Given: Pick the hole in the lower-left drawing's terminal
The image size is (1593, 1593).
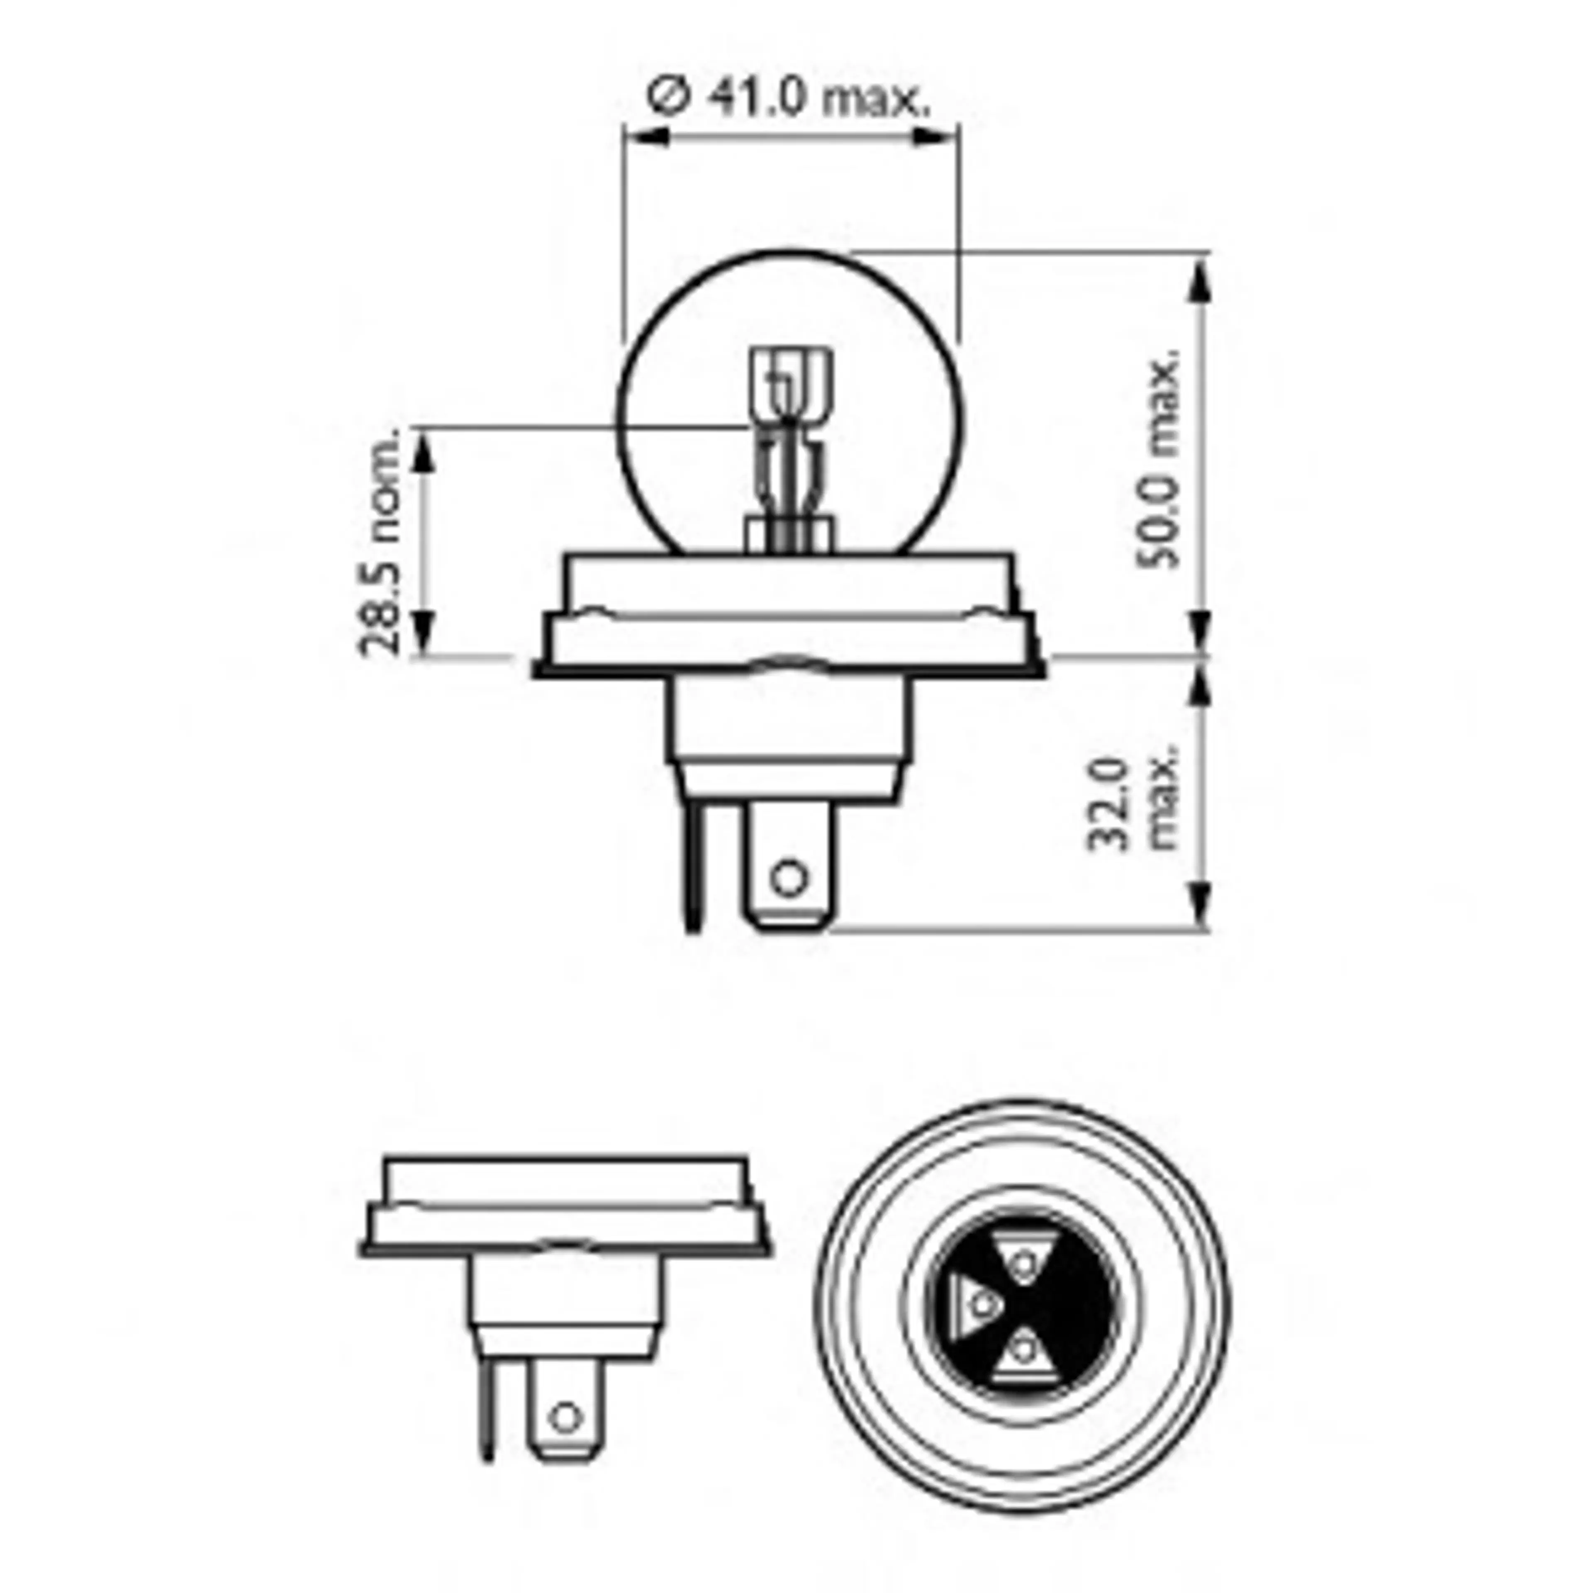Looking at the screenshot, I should pyautogui.click(x=565, y=1418).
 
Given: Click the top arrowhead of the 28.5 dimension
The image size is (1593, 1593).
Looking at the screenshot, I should pyautogui.click(x=422, y=452).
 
